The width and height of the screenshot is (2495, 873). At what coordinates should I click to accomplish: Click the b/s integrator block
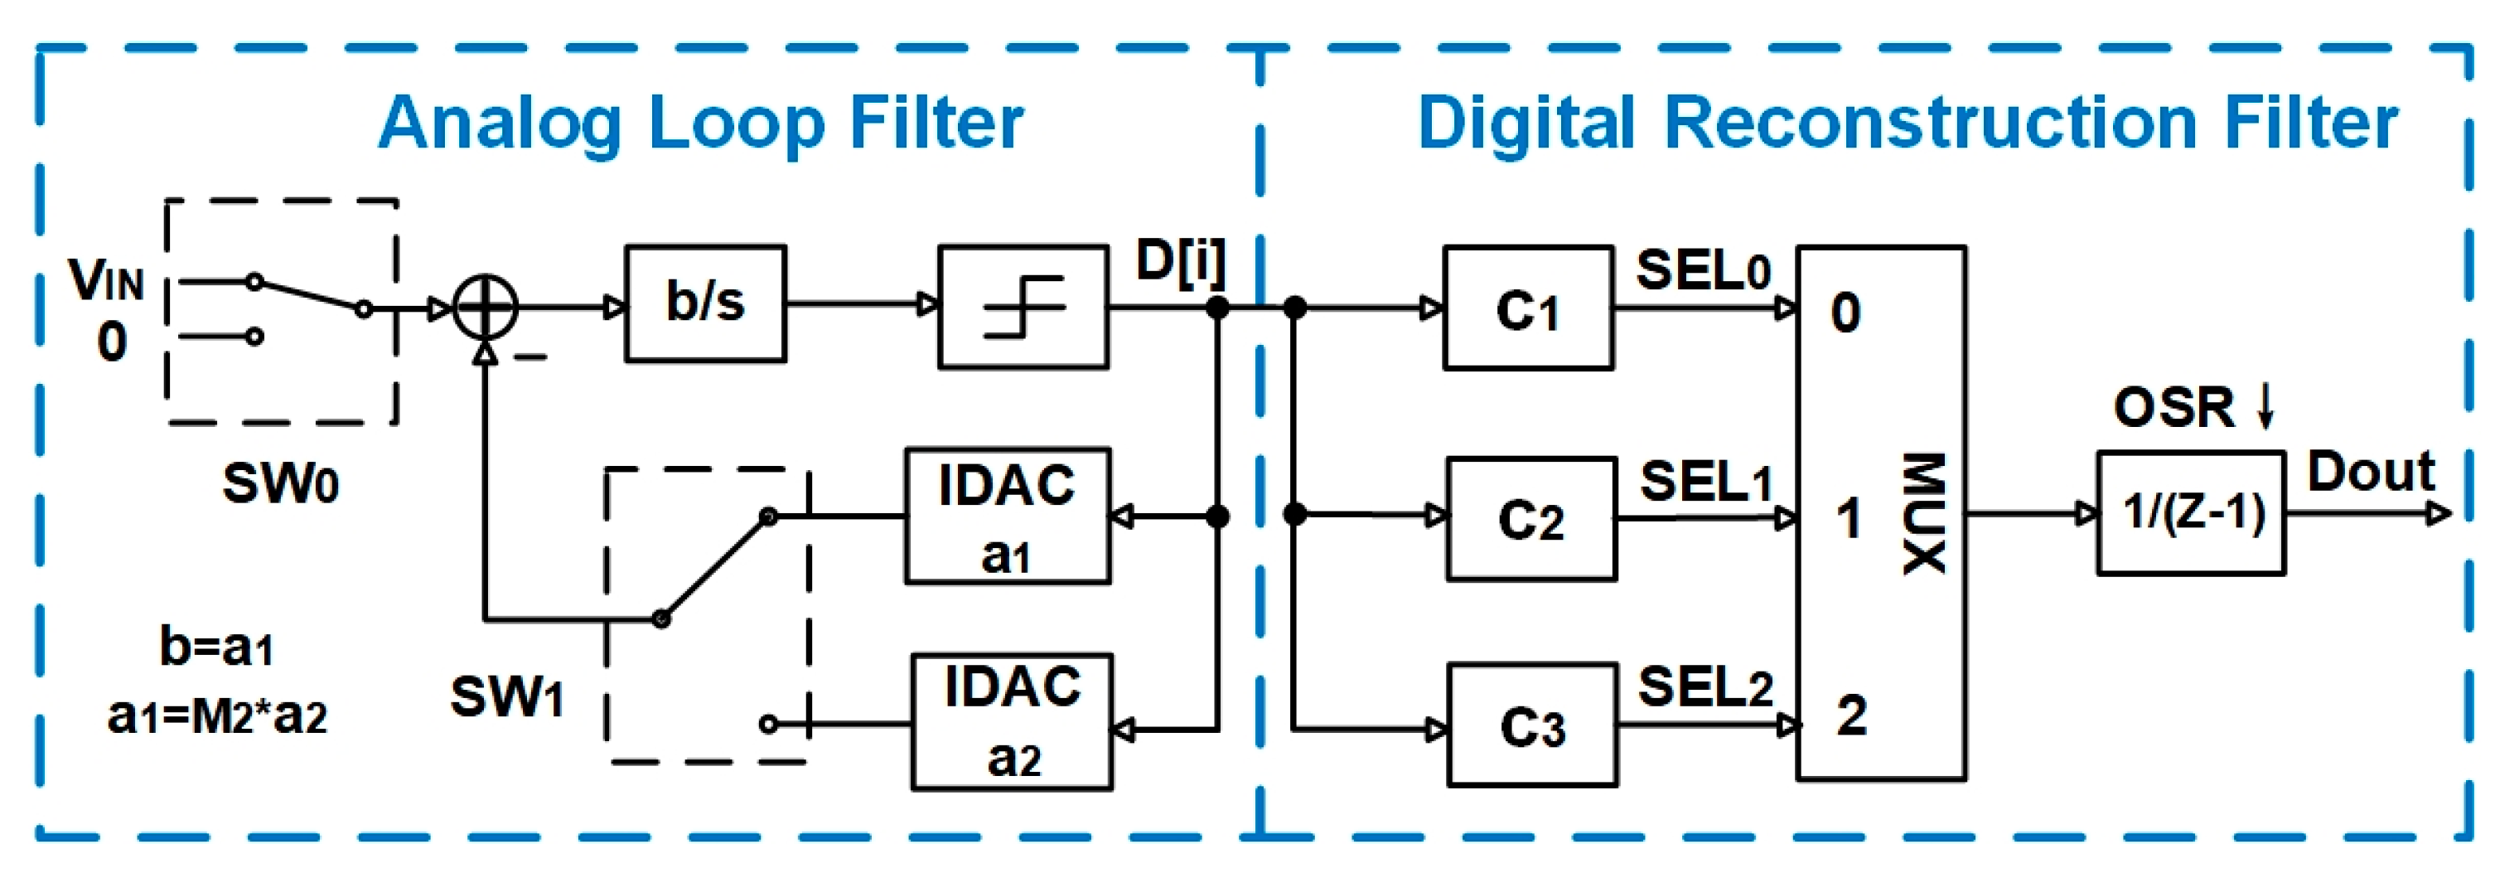pyautogui.click(x=705, y=303)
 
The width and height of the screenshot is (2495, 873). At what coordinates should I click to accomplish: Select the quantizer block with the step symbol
pyautogui.click(x=1023, y=307)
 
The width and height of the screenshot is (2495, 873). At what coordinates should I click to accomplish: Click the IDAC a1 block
pyautogui.click(x=1008, y=516)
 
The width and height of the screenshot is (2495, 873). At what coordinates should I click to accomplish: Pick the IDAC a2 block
pyautogui.click(x=1012, y=722)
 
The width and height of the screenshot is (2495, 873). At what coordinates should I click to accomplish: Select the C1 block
pyautogui.click(x=1527, y=308)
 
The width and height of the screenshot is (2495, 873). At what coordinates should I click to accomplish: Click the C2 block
pyautogui.click(x=1531, y=518)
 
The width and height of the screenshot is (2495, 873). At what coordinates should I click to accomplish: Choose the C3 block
pyautogui.click(x=1532, y=725)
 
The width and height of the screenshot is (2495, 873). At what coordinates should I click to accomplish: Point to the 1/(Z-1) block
pyautogui.click(x=2192, y=513)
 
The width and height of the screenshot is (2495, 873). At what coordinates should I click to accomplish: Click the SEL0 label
pyautogui.click(x=1703, y=270)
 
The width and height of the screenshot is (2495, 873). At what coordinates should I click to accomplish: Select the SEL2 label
pyautogui.click(x=1704, y=687)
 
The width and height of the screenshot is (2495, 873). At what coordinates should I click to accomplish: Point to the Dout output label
pyautogui.click(x=2370, y=472)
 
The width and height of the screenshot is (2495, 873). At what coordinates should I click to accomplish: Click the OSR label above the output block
pyautogui.click(x=2173, y=407)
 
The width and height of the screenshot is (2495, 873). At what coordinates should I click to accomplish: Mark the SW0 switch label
pyautogui.click(x=281, y=483)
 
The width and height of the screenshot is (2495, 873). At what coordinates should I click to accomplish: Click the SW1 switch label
pyautogui.click(x=507, y=696)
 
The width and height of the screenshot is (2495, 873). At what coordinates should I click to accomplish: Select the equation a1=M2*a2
pyautogui.click(x=217, y=717)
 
